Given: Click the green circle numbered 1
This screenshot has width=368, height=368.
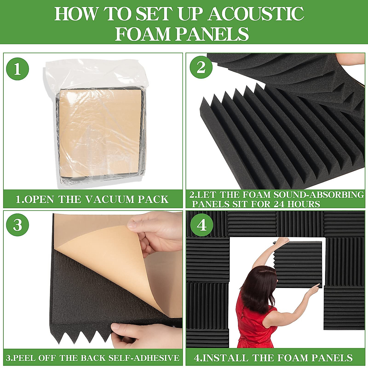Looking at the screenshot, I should (x=17, y=69).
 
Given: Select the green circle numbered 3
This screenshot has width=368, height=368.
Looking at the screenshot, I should (x=17, y=225).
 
